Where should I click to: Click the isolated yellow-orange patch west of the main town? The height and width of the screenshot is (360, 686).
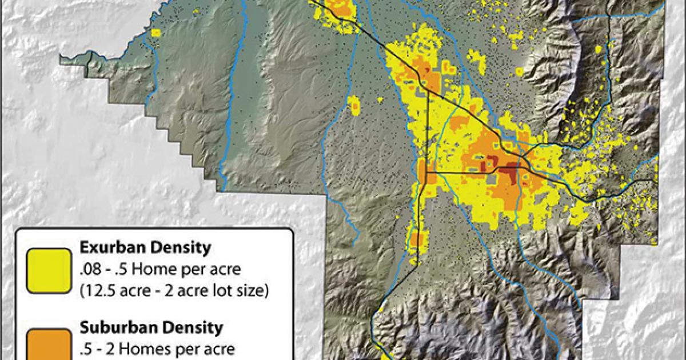pos(354,105)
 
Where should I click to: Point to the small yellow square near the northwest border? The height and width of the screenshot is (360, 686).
pos(156,34)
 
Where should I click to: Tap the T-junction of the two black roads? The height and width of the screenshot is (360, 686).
pos(426,171)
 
